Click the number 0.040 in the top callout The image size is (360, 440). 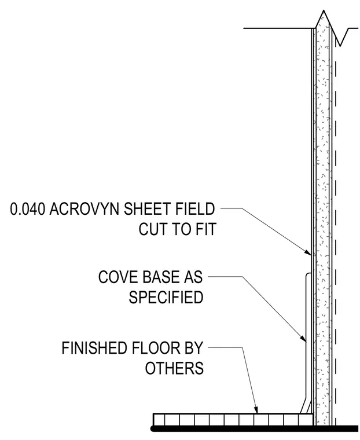click(x=28, y=209)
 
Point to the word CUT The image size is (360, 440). click(x=153, y=229)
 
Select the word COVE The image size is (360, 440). click(x=118, y=277)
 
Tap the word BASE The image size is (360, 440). click(x=160, y=277)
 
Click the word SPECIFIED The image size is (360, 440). click(x=166, y=297)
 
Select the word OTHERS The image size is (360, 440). click(x=174, y=368)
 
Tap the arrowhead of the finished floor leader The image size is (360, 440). click(x=256, y=410)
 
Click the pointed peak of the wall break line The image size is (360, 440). click(x=324, y=10)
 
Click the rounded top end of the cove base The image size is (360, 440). click(x=308, y=274)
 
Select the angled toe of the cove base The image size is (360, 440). click(x=305, y=405)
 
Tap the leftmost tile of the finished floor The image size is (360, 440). click(x=160, y=420)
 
